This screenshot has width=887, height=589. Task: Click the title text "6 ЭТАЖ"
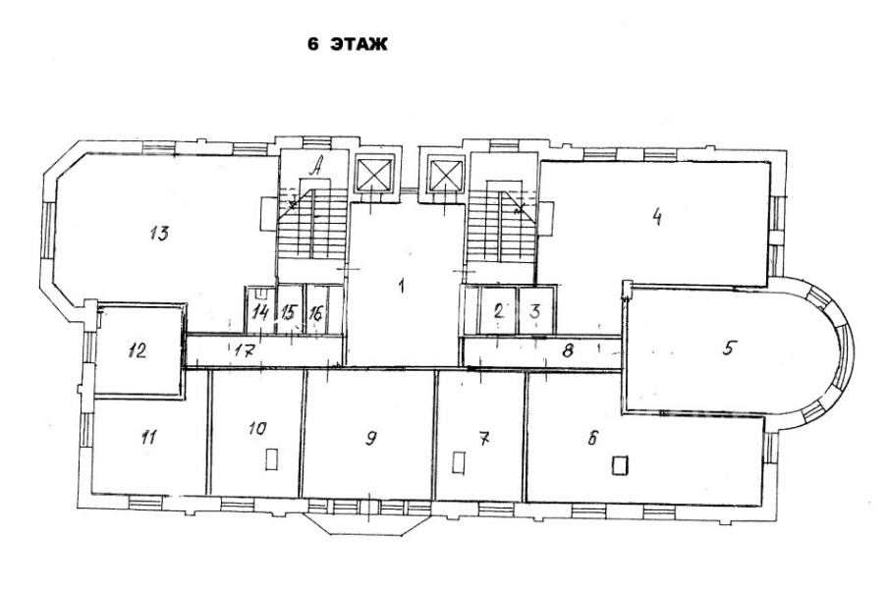[348, 44]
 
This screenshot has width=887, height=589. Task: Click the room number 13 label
[159, 233]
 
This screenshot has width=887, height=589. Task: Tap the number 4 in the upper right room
[657, 217]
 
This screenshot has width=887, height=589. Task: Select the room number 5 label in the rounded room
[729, 348]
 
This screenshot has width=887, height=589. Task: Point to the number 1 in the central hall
[401, 286]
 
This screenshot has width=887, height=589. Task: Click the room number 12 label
[138, 351]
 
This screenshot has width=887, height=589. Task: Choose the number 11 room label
[148, 437]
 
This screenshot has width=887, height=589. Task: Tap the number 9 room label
[370, 438]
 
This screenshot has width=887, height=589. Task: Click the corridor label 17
[244, 351]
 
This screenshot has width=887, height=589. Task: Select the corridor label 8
[568, 351]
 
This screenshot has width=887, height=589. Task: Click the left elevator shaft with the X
[373, 174]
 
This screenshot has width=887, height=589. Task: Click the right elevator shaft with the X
[445, 176]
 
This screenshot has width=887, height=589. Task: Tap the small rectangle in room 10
[271, 458]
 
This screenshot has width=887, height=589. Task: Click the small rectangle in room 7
[459, 462]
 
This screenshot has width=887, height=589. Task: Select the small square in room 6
[620, 465]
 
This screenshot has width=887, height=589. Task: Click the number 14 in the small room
[260, 311]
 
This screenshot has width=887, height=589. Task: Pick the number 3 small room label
[535, 311]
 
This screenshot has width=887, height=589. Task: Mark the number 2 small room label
[498, 310]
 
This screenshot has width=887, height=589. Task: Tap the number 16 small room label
[316, 312]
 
